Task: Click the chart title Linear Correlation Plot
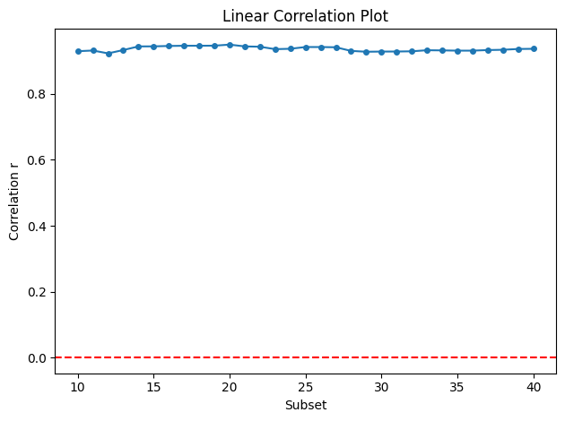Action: (x=305, y=16)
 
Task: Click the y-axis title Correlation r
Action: (x=13, y=206)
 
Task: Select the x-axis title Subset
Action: (x=306, y=405)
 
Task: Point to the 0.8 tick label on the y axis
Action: (x=37, y=94)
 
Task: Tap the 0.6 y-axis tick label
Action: (x=37, y=160)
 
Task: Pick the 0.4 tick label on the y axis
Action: (x=37, y=227)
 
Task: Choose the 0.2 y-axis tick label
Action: (x=37, y=292)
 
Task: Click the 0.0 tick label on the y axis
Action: (x=37, y=358)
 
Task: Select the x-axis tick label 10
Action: (x=78, y=387)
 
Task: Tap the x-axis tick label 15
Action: (x=154, y=387)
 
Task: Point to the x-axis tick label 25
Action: (x=306, y=387)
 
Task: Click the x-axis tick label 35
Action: (x=457, y=387)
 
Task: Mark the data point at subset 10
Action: (x=78, y=51)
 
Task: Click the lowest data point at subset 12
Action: (x=109, y=54)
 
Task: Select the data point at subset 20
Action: (x=230, y=45)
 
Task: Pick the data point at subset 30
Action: (x=381, y=52)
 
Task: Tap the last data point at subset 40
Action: (x=534, y=49)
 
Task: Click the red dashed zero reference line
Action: (x=306, y=357)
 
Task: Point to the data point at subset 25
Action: (x=306, y=47)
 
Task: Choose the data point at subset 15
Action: (x=154, y=47)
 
